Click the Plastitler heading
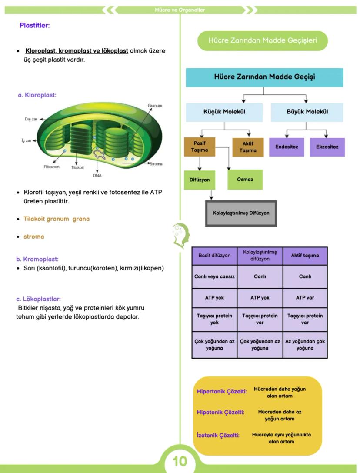[35, 26]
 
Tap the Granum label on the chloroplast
[155, 106]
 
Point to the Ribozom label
[51, 167]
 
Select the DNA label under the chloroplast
[97, 176]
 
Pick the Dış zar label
[31, 119]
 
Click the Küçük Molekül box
[224, 112]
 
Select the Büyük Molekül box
[307, 112]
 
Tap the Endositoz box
[287, 147]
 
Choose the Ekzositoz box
[327, 147]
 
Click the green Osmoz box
[245, 180]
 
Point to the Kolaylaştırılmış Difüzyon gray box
[241, 213]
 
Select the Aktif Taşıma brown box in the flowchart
[248, 147]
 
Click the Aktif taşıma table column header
[305, 256]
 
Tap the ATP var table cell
[305, 298]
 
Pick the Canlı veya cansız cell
[214, 276]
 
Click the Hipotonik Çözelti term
[220, 412]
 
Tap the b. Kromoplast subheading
[37, 259]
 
